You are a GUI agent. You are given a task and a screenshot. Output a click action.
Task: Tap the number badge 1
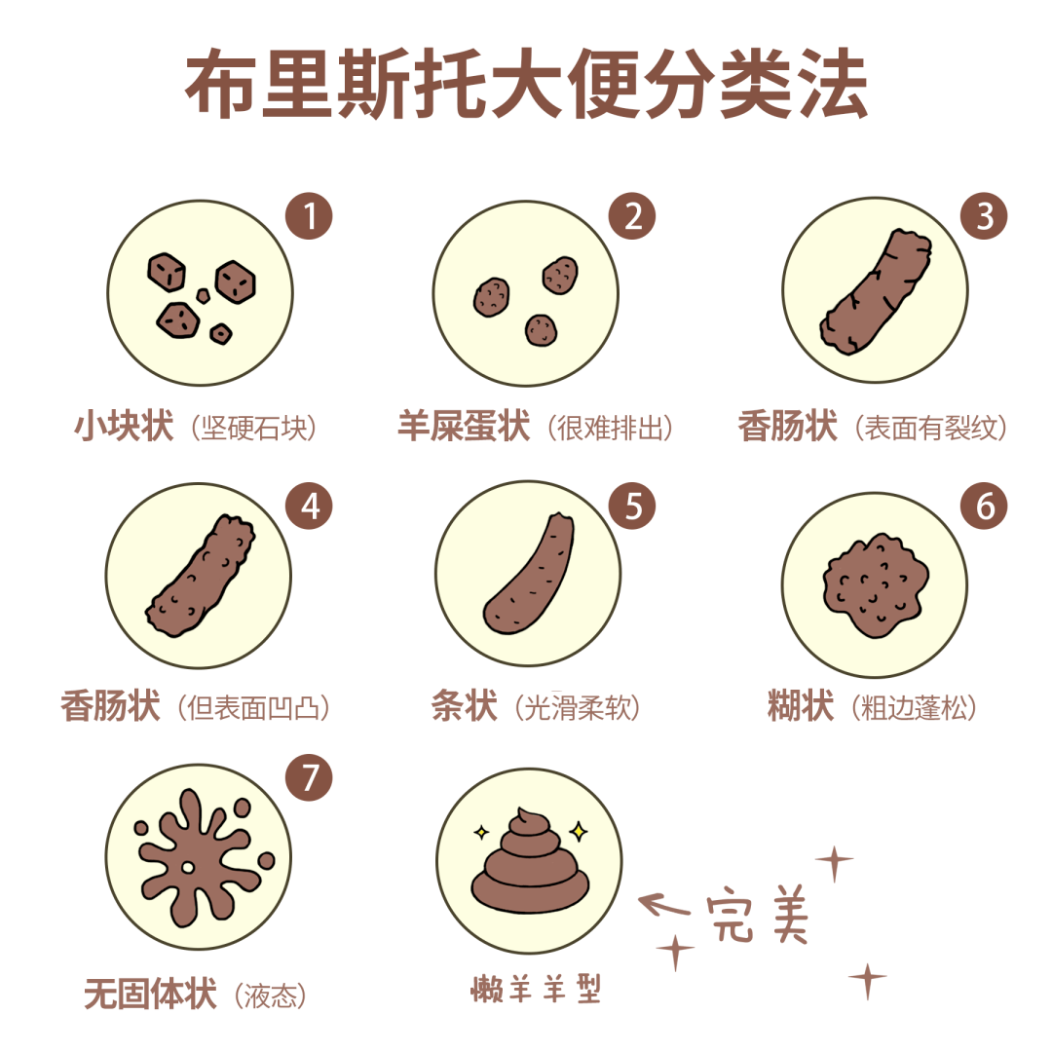309,216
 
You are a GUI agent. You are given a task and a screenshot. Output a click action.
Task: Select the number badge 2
633,216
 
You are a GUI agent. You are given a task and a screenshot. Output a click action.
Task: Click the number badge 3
985,216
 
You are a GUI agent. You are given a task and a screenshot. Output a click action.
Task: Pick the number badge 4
309,505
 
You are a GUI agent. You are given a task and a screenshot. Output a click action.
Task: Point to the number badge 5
633,505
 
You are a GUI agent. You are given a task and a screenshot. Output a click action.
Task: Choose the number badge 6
985,507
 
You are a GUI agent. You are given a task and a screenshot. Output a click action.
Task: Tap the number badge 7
309,776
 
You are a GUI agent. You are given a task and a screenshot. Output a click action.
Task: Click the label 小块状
124,427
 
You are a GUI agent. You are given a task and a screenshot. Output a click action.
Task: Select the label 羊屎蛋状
464,427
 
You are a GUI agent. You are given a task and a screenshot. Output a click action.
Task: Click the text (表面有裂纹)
930,428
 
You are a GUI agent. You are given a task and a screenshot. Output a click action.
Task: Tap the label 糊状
801,707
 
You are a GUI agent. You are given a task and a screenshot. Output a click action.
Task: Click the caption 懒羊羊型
536,989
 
